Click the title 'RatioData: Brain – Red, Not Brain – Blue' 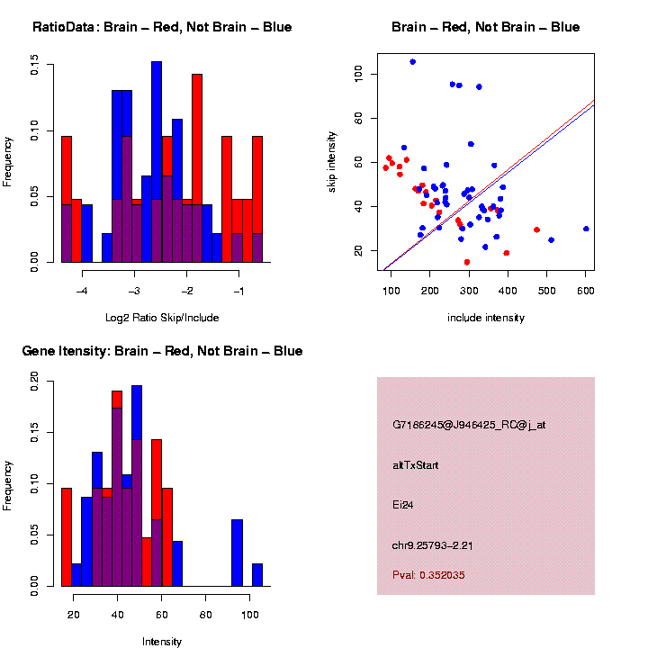coord(162,27)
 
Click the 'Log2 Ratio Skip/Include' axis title coord(162,318)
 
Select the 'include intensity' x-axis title coord(486,318)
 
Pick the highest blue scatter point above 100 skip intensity coord(412,61)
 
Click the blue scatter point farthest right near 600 coord(586,229)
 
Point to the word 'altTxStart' coord(415,465)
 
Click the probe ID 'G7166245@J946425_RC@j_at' coord(469,425)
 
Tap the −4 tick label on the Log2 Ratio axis coord(82,292)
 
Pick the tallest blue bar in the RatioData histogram coord(157,162)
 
